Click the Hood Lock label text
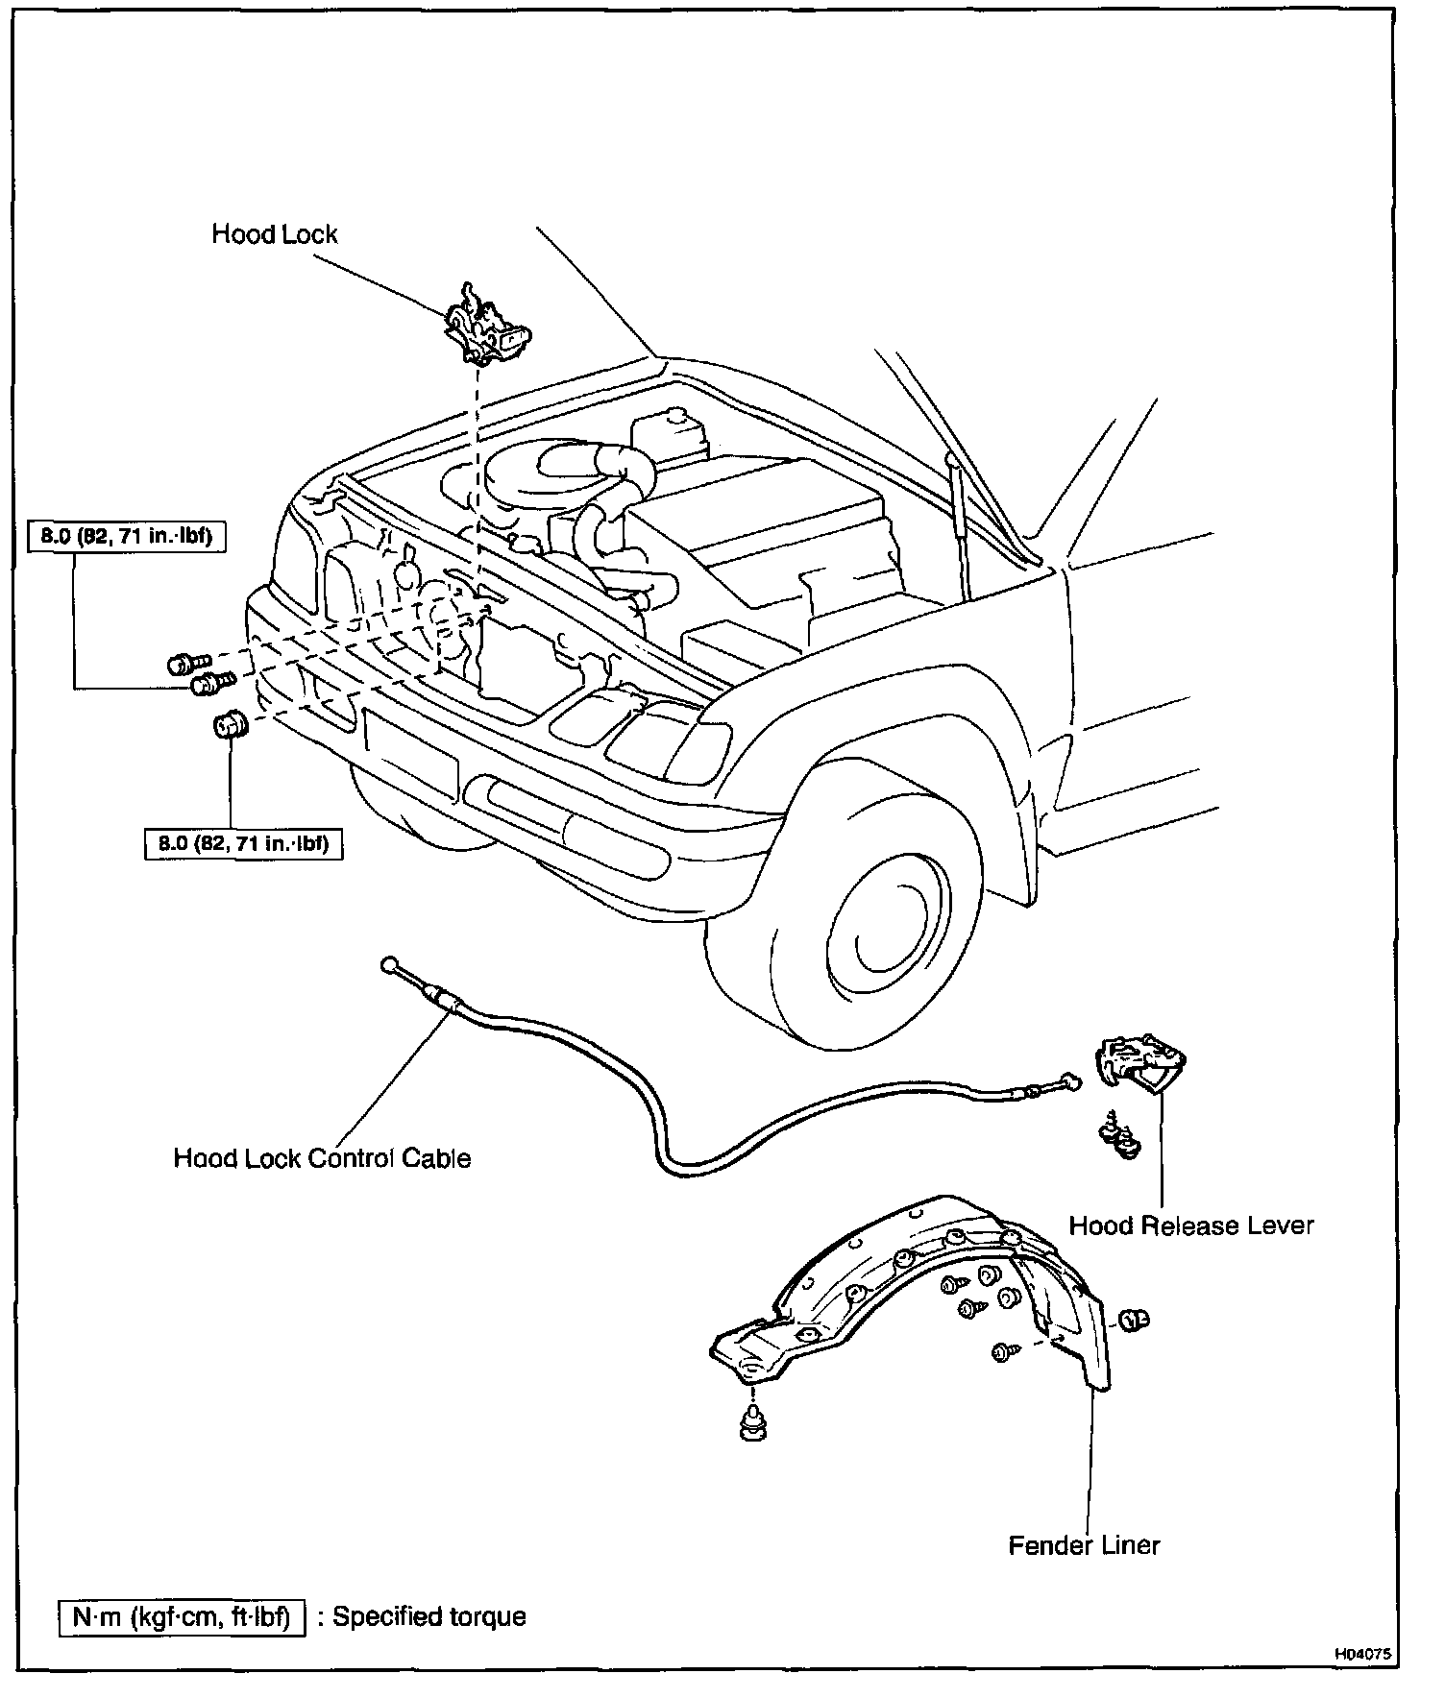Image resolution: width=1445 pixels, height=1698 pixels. [275, 234]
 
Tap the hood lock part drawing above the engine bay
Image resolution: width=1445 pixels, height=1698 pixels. [486, 327]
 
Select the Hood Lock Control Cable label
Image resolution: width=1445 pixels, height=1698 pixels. [322, 1158]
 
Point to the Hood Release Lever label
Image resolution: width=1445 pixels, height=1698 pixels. [1190, 1225]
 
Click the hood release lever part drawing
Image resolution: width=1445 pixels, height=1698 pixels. [1141, 1062]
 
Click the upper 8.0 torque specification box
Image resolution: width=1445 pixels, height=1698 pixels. [126, 537]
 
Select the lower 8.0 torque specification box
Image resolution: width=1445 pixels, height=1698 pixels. [243, 844]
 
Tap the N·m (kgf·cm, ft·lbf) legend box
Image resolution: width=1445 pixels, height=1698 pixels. [182, 1616]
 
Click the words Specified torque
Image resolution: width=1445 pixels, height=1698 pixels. [429, 1616]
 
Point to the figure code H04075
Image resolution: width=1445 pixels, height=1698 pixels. [1361, 1655]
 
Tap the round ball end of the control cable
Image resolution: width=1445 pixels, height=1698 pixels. [389, 963]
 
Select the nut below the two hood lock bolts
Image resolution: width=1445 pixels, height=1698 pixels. [229, 725]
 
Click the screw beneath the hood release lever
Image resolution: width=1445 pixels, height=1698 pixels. [1119, 1135]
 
